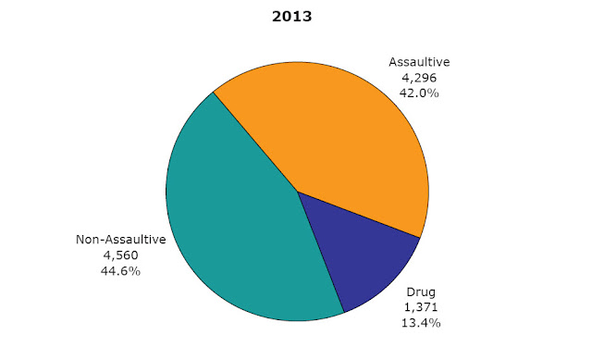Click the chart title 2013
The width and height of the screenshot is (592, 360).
(292, 17)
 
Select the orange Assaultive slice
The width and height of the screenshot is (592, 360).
(339, 136)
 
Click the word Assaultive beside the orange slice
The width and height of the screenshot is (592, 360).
(419, 62)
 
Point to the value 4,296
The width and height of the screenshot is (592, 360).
(419, 78)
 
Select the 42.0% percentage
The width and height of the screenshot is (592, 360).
(419, 93)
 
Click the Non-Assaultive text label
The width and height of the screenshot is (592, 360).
(121, 240)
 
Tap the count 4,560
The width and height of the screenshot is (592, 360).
(121, 255)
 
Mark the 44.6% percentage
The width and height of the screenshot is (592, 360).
(121, 271)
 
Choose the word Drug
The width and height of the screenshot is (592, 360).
(421, 292)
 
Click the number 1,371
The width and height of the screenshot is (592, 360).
(421, 307)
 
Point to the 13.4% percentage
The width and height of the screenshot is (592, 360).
(421, 323)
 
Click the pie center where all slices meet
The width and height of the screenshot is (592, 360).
(298, 192)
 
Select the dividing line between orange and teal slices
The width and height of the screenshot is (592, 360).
(255, 142)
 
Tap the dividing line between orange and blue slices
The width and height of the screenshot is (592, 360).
(359, 215)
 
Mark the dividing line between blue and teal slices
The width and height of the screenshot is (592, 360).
(321, 252)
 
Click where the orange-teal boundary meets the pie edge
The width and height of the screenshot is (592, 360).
(214, 92)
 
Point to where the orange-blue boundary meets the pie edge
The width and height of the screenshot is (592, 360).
(420, 238)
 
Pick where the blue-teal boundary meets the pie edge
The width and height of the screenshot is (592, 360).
(344, 313)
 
